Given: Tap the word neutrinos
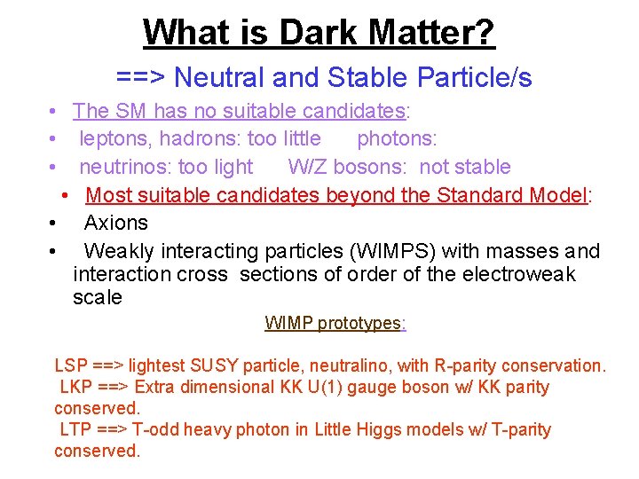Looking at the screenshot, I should [123, 167].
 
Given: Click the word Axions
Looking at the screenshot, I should [115, 223].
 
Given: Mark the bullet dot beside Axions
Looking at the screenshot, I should [54, 224].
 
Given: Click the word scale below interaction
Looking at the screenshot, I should [97, 297].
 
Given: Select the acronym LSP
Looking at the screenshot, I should [71, 365].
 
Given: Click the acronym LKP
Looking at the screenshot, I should [77, 387].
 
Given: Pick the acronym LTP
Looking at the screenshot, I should [77, 429].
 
